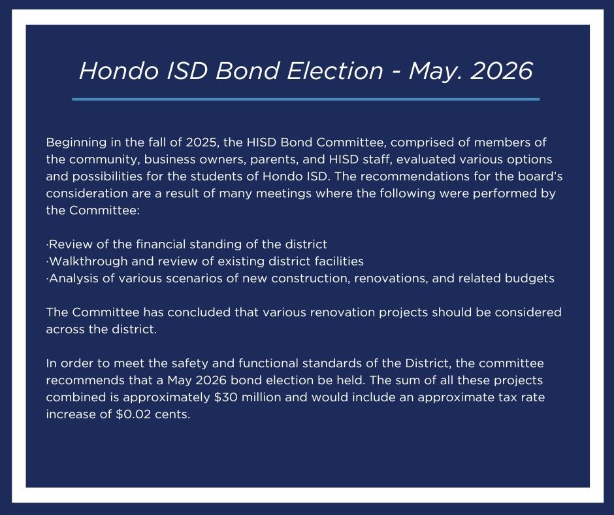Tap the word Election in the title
pyautogui.click(x=335, y=71)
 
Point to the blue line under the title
pyautogui.click(x=306, y=99)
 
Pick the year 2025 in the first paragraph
pyautogui.click(x=202, y=142)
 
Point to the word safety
pyautogui.click(x=189, y=363)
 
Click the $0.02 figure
pyautogui.click(x=133, y=414)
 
